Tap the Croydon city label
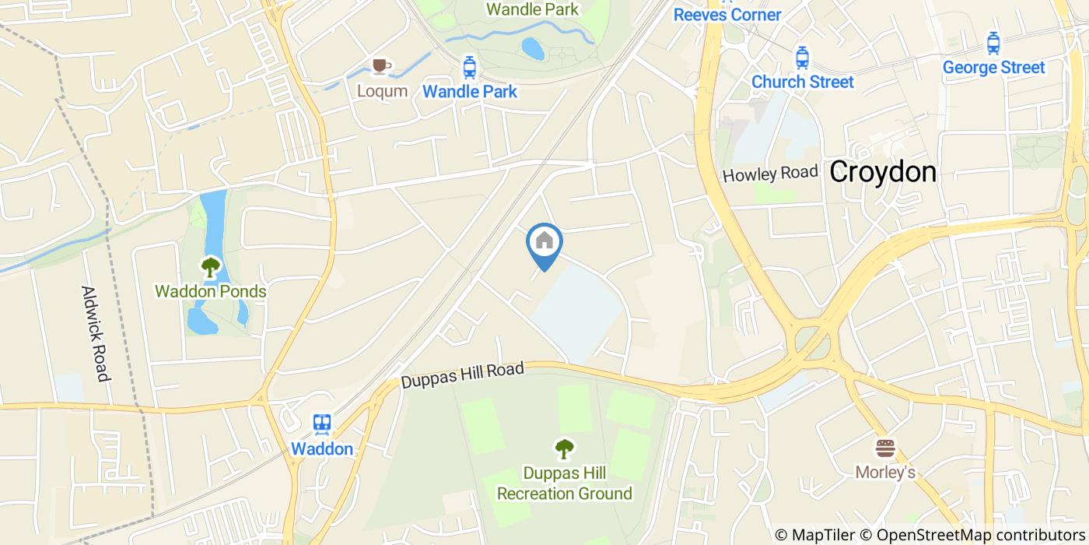coord(882,172)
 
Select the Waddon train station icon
coord(322,424)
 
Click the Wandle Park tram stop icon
coord(469,67)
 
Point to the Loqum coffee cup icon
coord(381,66)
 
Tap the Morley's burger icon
coord(885,448)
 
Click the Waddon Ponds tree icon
coord(210,268)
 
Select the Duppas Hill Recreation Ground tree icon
coord(564,448)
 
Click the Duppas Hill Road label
coord(463,375)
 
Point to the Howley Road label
coord(770,174)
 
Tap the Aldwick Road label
coord(94,333)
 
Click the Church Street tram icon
coord(802,57)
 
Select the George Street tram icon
coord(993,43)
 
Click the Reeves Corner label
coord(727,15)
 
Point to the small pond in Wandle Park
coord(533,49)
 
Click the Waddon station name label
coord(322,449)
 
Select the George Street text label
coord(993,68)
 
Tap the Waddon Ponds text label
coord(211,292)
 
